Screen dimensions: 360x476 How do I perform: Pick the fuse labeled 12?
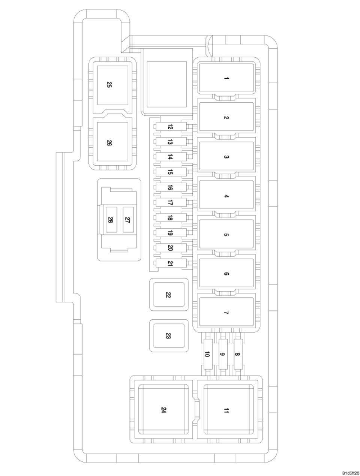tap(170, 127)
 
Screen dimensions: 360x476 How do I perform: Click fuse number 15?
tap(170, 172)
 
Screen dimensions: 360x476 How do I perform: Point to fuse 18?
tap(170, 218)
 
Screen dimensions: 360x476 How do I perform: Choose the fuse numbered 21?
tap(170, 263)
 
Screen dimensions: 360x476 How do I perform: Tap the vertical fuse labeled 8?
tap(237, 354)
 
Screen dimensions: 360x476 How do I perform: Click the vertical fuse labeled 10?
tap(207, 354)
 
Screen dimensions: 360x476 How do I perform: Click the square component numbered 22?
tap(168, 295)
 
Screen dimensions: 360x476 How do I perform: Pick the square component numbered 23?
tap(168, 336)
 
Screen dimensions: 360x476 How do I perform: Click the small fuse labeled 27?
tap(128, 220)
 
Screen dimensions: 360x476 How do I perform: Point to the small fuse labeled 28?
tap(111, 220)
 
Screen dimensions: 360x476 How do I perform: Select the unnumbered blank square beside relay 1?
tap(166, 84)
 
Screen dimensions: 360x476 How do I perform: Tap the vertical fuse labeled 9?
tap(222, 354)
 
